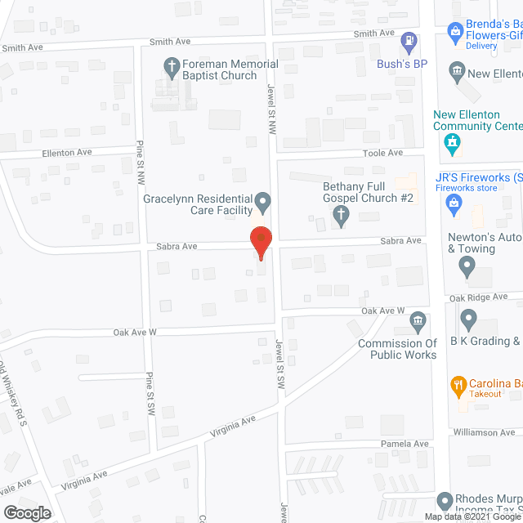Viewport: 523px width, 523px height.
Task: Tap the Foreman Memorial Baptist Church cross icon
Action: tap(172, 65)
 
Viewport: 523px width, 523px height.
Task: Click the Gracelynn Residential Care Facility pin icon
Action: tap(263, 200)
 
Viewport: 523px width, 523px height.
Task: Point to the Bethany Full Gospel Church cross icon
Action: tap(342, 216)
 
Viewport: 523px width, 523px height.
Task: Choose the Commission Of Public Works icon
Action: tap(418, 320)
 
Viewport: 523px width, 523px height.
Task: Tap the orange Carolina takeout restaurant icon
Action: tap(458, 384)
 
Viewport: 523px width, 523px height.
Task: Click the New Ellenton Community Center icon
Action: tap(449, 146)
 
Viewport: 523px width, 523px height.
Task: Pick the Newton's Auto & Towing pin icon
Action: tap(467, 265)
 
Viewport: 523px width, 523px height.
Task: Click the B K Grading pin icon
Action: tap(468, 319)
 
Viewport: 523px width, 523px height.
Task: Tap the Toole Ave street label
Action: tap(384, 153)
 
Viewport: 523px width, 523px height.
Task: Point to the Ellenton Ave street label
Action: tap(67, 153)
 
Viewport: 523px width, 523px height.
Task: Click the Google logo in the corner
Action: tap(27, 513)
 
